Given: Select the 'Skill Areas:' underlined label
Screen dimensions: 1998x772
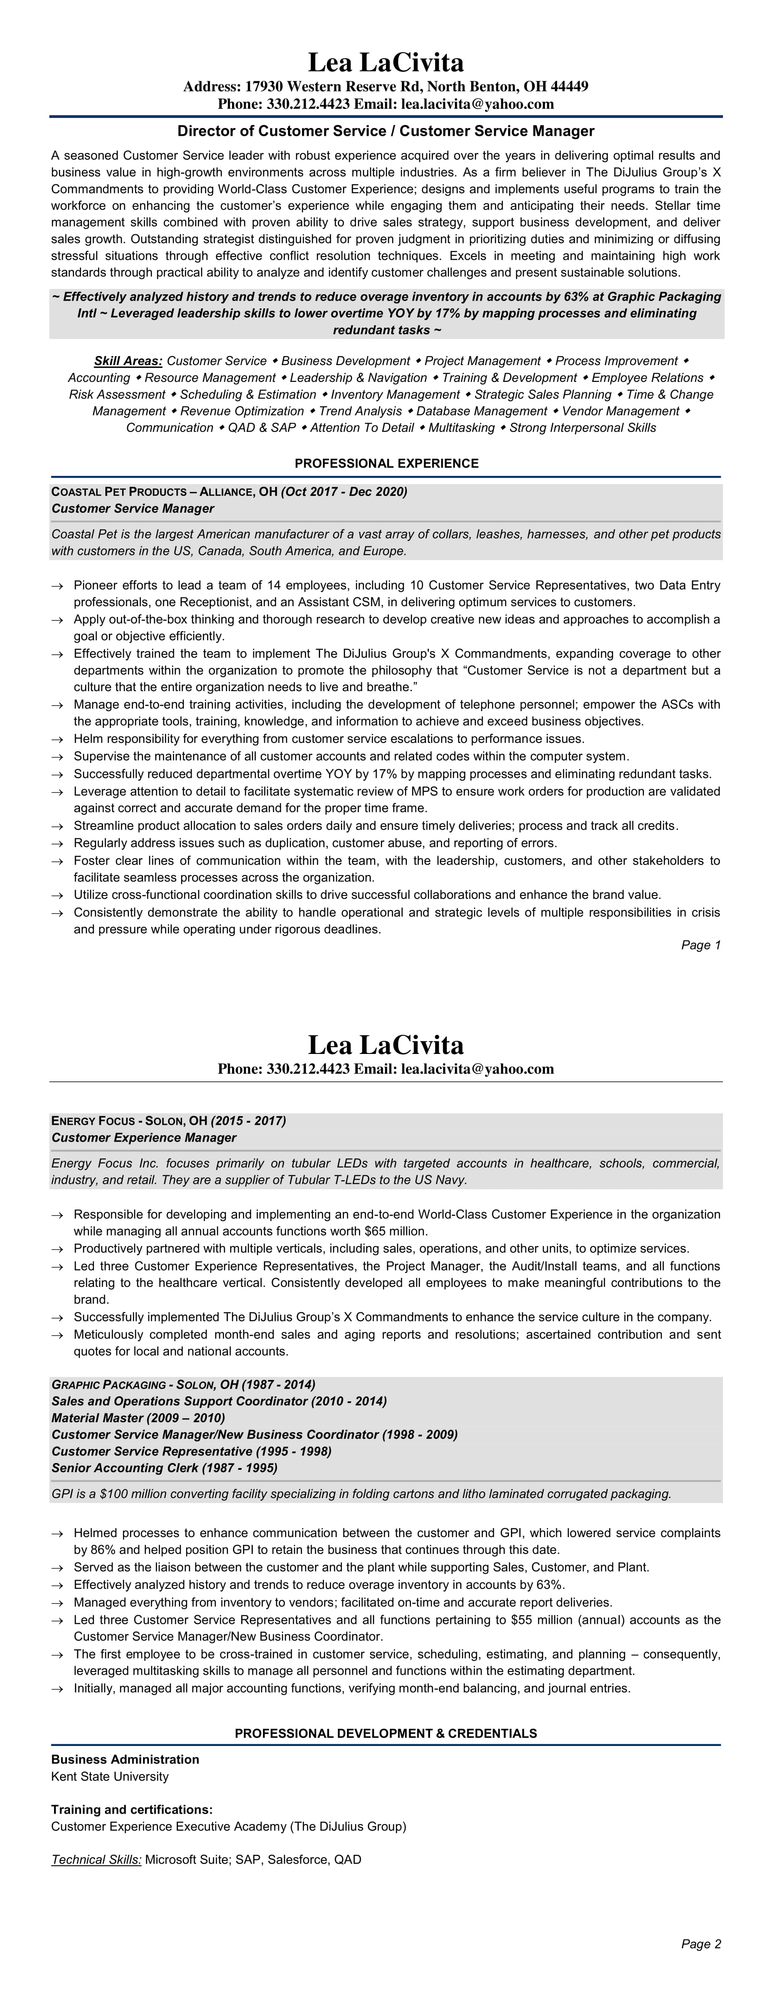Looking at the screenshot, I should point(128,361).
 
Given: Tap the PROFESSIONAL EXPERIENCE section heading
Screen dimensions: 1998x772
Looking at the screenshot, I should point(386,463).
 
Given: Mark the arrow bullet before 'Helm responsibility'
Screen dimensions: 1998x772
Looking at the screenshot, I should point(57,739).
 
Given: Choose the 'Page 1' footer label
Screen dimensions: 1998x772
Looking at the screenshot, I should point(701,945).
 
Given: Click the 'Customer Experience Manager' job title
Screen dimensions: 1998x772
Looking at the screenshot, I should point(144,1137).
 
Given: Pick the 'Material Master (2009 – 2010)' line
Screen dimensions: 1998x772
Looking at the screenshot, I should point(138,1418).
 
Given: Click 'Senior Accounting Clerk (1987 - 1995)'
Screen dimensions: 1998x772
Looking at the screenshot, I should point(164,1468).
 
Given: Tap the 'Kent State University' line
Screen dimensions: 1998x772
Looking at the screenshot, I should point(109,1776).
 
